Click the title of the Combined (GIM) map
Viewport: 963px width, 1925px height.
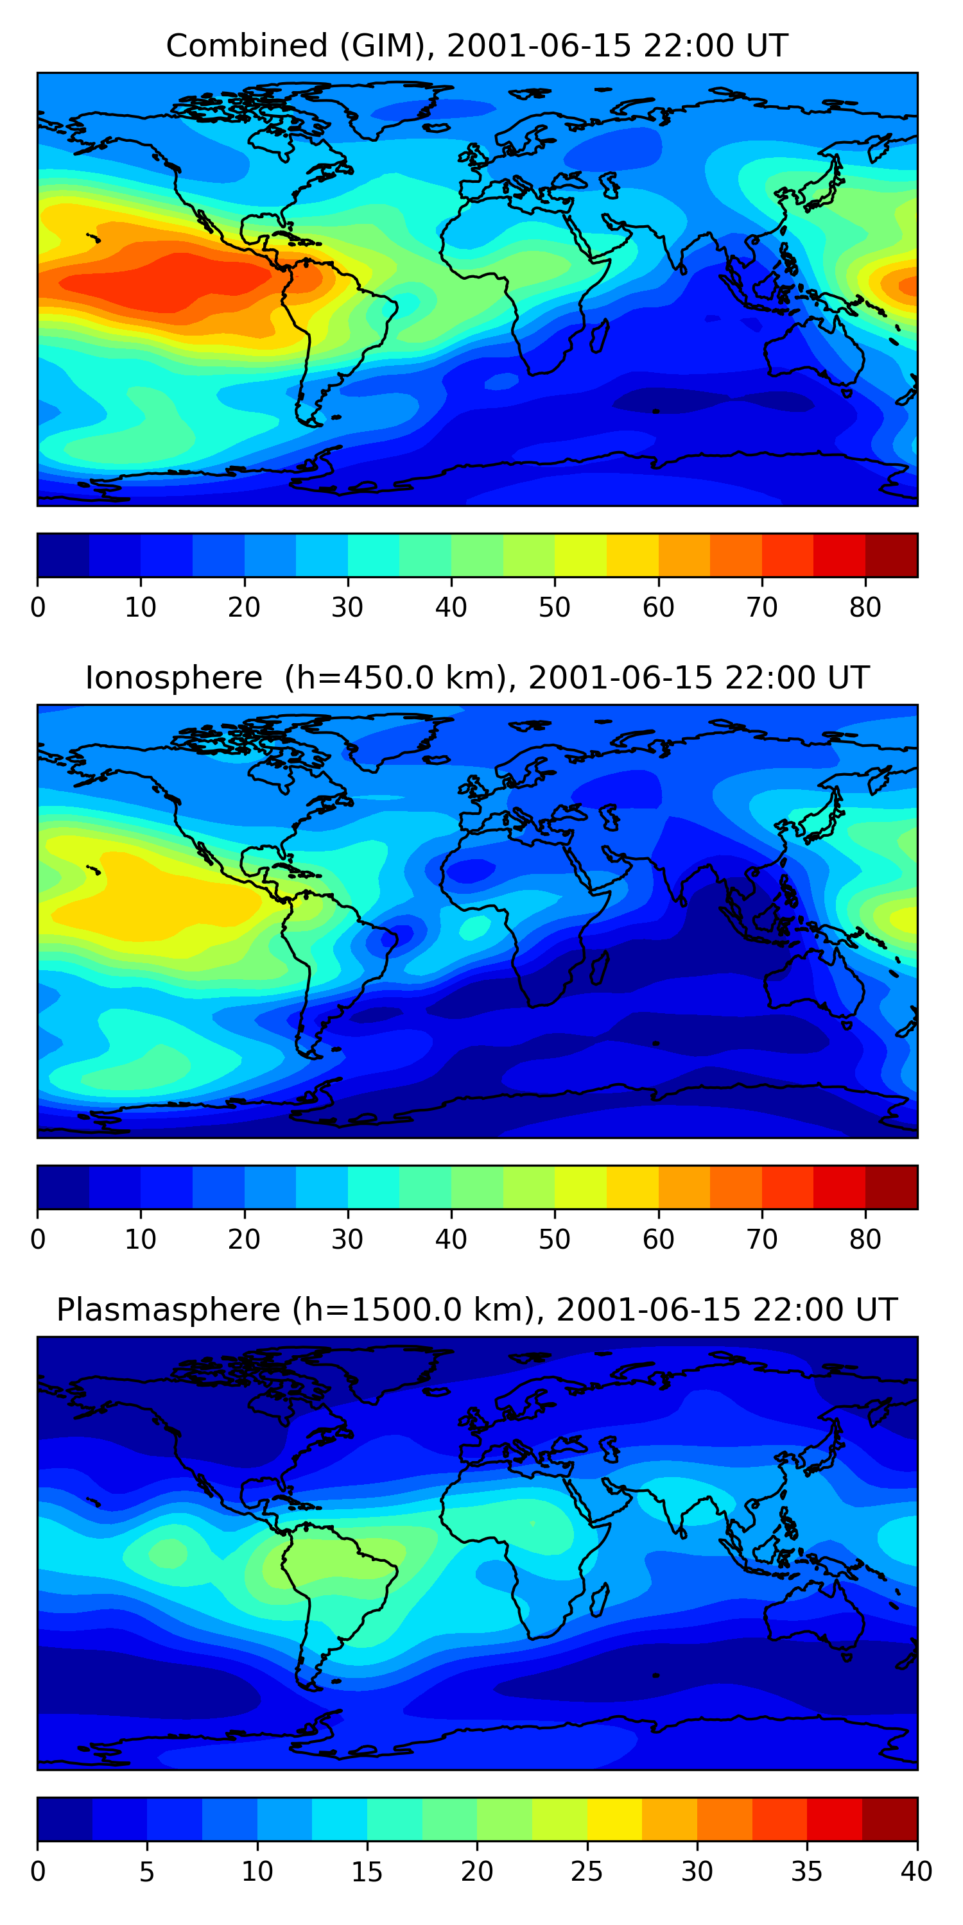point(477,46)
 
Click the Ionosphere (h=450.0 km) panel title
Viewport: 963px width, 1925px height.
point(477,678)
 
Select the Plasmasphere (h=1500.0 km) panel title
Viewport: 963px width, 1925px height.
point(477,1310)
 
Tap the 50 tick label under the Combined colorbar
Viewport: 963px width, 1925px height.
point(555,607)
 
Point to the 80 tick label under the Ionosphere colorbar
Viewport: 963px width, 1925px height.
point(865,1239)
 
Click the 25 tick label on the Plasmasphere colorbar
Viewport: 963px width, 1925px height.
point(587,1871)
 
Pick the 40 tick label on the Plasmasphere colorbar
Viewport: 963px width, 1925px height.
point(917,1871)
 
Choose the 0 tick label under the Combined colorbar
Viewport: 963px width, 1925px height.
point(38,607)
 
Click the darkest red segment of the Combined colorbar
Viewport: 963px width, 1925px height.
point(891,555)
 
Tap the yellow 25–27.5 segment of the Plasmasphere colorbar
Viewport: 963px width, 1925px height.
point(614,1820)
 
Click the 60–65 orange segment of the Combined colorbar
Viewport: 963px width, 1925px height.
point(684,555)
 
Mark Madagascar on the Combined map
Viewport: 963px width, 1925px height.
point(599,336)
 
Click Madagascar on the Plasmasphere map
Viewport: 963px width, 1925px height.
point(599,1600)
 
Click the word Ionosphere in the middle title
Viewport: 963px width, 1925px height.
point(173,678)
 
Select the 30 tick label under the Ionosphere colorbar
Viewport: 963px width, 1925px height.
point(348,1239)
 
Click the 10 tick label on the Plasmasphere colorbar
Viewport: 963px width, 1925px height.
point(257,1871)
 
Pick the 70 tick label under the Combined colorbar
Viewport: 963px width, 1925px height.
point(762,607)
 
